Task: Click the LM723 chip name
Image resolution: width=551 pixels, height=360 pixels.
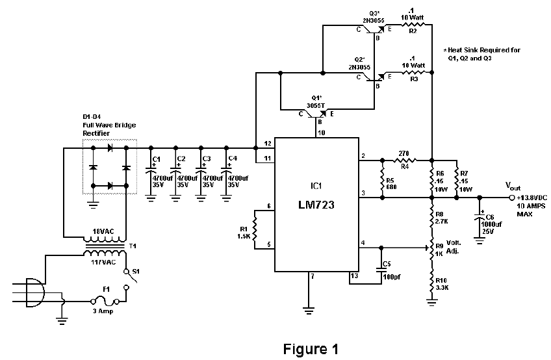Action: click(x=316, y=207)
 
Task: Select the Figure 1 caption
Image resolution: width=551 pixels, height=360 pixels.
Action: click(x=311, y=349)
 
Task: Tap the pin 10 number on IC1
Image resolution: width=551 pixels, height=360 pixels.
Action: click(x=320, y=133)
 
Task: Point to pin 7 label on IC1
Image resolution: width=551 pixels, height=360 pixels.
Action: click(x=312, y=276)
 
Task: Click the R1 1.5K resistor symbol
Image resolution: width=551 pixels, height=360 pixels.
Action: click(x=255, y=227)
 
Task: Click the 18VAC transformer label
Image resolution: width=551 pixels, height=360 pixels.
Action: click(x=103, y=231)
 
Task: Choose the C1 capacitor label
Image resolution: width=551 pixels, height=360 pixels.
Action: click(x=156, y=159)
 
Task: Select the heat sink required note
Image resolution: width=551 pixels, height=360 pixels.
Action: click(x=482, y=53)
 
